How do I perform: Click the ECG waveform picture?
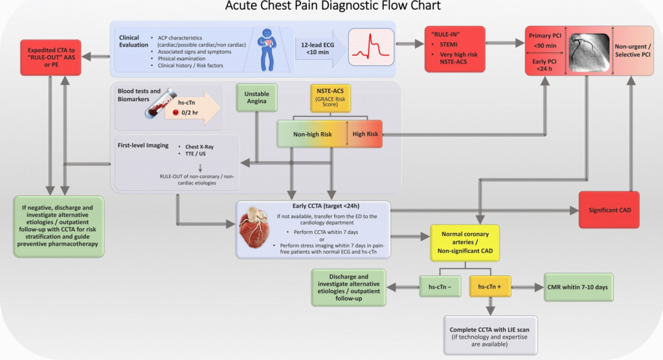370,47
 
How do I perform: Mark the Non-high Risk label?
312,134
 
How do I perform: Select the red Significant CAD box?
609,210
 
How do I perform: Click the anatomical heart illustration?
256,230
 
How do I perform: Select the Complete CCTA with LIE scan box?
490,335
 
